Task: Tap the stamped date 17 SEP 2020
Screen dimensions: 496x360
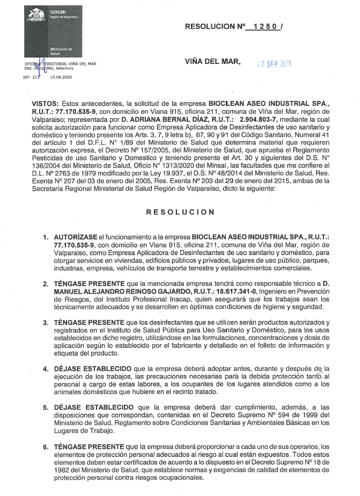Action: (x=274, y=64)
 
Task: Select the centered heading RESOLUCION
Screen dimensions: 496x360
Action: (x=180, y=212)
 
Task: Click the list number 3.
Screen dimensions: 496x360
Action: (x=46, y=322)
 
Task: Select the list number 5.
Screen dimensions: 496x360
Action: (x=46, y=407)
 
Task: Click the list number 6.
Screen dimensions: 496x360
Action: (x=46, y=447)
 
